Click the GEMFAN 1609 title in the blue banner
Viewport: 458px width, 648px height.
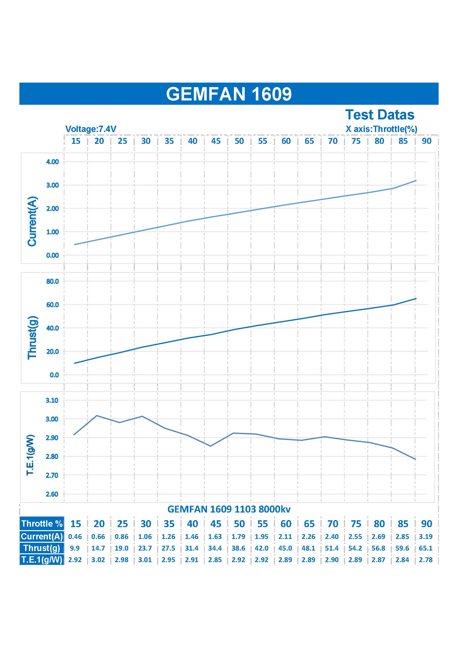point(229,94)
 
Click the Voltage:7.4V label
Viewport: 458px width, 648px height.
point(91,129)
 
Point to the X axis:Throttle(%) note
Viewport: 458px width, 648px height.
point(381,129)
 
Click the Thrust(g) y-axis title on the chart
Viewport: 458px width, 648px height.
point(32,337)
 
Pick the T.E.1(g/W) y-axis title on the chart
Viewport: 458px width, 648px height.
point(30,455)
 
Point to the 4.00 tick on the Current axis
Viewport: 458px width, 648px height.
point(52,162)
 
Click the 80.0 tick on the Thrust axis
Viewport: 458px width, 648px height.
point(52,281)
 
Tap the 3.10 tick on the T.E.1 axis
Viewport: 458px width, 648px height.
point(52,400)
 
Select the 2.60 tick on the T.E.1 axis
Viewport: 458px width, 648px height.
point(52,494)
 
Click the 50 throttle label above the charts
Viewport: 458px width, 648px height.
point(239,141)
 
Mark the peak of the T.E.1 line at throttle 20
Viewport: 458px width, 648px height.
point(97,416)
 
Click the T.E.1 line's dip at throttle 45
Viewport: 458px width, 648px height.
point(210,446)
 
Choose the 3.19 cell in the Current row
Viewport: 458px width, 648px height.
point(426,536)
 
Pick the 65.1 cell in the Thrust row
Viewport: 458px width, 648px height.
point(426,548)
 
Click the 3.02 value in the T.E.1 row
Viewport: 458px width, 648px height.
point(98,560)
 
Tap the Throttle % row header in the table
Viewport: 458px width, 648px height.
point(42,524)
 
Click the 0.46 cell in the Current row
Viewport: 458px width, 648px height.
point(75,536)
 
